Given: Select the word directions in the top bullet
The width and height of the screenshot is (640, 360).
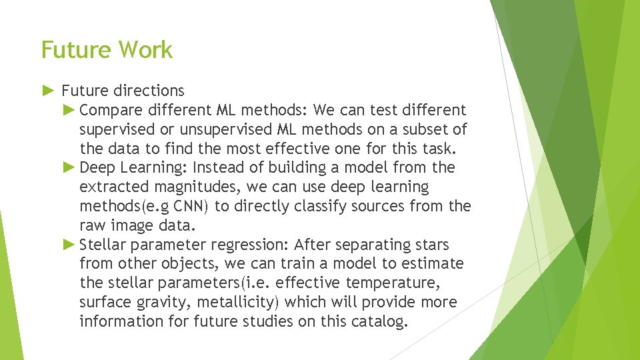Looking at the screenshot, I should point(149,90).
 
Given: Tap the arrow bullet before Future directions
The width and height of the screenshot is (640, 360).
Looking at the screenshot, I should point(49,90).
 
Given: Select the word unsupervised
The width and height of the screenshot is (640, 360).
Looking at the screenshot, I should point(231,129).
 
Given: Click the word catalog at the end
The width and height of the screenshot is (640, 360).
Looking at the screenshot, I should point(380,322).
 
